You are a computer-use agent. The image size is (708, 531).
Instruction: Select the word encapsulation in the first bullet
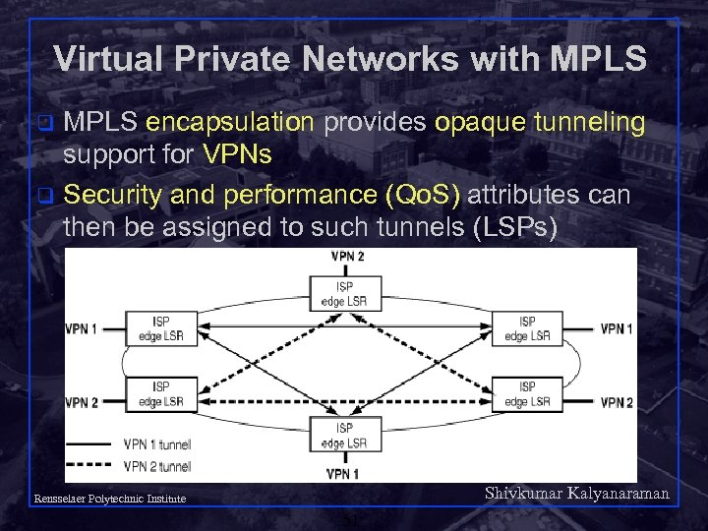tap(230, 124)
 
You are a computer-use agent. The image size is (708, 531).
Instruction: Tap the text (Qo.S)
tap(425, 195)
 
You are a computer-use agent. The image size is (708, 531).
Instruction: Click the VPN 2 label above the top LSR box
tap(346, 256)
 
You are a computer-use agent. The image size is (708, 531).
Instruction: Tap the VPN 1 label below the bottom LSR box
tap(344, 474)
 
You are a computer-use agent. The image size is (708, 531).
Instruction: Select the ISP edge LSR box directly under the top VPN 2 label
tap(345, 291)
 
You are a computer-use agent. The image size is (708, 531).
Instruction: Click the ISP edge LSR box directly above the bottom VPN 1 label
tap(344, 435)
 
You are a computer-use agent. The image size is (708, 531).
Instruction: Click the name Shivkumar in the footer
tap(523, 494)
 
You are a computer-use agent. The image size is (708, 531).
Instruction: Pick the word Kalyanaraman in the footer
tap(619, 494)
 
